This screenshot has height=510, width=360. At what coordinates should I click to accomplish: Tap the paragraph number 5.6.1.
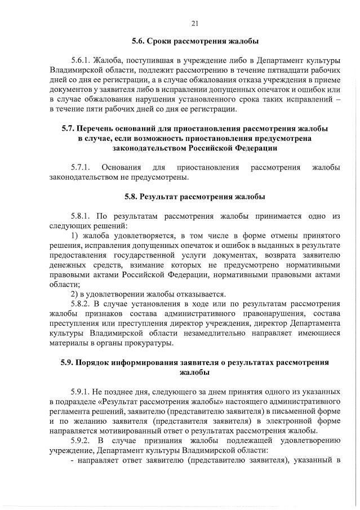point(80,60)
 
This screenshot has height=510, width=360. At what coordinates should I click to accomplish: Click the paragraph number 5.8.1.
point(80,216)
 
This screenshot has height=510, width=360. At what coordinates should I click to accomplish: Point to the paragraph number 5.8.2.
point(80,304)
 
